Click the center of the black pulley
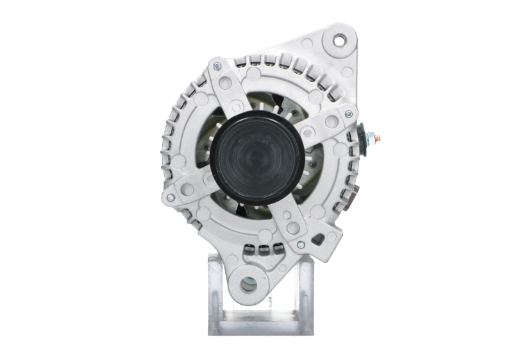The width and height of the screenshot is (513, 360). point(255,152)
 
